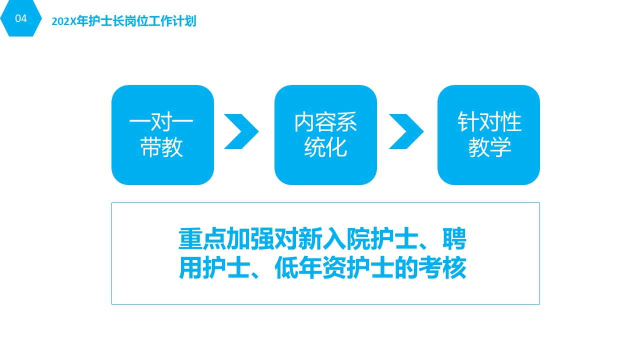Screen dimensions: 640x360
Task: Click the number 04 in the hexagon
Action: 21,18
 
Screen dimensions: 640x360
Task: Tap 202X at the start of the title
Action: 64,21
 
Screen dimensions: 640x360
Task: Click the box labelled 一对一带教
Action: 162,135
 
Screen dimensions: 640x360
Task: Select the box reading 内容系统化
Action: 325,135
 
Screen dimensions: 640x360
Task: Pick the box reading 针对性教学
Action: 488,135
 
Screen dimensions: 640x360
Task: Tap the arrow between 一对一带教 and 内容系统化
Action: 241,131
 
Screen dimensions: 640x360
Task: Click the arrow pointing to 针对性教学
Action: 406,131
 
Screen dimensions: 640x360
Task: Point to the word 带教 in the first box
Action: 161,147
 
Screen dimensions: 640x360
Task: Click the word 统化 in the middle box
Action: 325,147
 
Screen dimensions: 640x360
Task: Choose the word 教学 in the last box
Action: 489,147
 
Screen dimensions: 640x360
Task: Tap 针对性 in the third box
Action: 489,122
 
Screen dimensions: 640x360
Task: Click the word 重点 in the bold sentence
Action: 202,238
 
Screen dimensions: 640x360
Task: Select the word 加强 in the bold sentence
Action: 250,238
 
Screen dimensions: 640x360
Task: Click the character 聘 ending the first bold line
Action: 454,238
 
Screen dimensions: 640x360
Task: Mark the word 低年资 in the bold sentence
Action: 310,267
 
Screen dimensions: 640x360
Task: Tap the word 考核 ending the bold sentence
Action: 442,267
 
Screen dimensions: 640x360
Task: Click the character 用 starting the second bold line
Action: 190,267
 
